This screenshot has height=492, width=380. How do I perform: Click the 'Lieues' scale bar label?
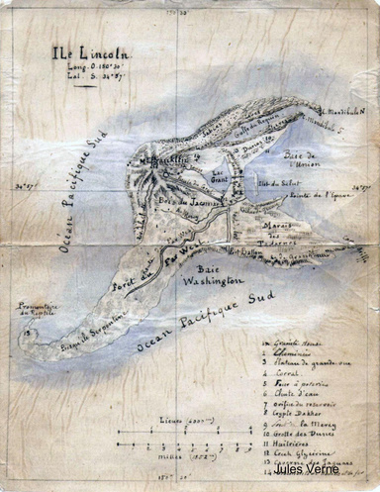(x=181, y=422)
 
